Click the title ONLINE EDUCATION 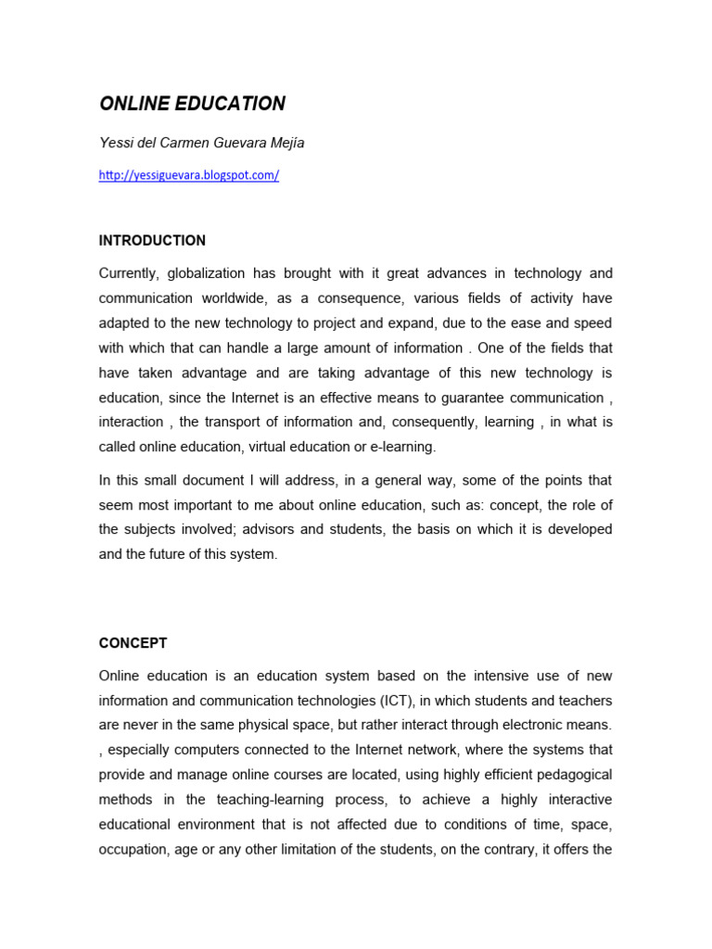tap(192, 104)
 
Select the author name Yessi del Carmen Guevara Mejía tap(201, 143)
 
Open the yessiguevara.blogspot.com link tap(189, 175)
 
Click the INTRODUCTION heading tap(152, 241)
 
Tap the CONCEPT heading tap(133, 643)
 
